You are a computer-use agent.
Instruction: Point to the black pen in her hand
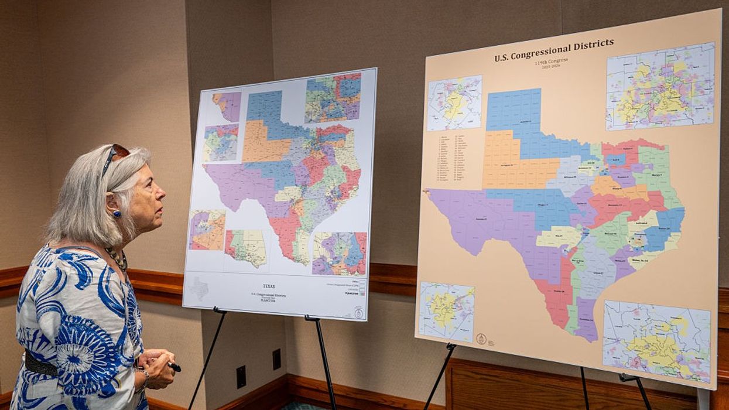pos(174,367)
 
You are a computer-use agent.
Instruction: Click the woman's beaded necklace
pos(117,258)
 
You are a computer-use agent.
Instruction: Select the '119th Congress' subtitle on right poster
pos(550,61)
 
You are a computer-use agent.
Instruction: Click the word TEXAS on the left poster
pos(269,286)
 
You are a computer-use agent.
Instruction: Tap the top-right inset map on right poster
pos(660,86)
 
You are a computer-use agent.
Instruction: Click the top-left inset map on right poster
pos(454,103)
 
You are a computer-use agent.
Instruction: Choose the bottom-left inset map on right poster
pos(446,312)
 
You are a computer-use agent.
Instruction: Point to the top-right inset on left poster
pos(333,98)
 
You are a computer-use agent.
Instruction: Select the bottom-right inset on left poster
pos(339,254)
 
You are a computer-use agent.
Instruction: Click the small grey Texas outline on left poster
pos(200,288)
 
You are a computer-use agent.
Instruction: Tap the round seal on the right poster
pos(481,339)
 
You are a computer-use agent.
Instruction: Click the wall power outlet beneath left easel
pos(241,377)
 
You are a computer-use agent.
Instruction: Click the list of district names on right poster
pos(459,158)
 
